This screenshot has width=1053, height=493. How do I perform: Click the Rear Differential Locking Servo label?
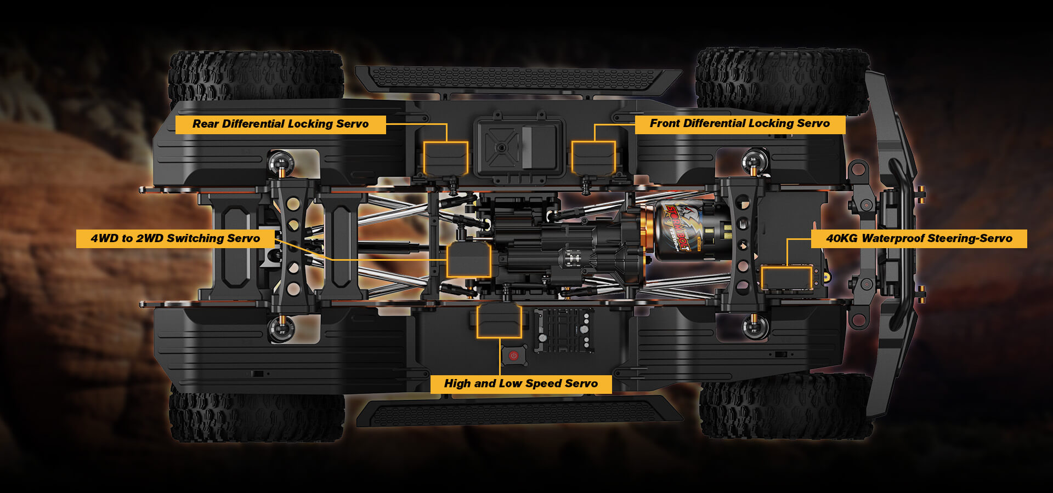[x=280, y=124]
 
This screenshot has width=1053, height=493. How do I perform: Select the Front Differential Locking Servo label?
[x=739, y=124]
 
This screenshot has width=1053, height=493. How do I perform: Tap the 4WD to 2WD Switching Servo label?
[x=175, y=238]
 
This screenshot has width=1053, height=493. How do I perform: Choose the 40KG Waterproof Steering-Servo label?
[x=919, y=238]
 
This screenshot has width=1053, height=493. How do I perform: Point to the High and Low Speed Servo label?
[x=520, y=383]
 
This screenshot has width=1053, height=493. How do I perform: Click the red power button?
[x=513, y=356]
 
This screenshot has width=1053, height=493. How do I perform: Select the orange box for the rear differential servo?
[x=445, y=158]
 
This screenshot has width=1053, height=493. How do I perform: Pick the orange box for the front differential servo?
[x=593, y=158]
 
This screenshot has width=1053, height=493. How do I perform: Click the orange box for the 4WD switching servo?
[x=468, y=260]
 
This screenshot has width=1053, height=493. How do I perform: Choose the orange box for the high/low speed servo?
[x=499, y=321]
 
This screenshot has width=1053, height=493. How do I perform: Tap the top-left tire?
[x=256, y=76]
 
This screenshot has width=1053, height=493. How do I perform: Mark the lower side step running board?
[x=518, y=412]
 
